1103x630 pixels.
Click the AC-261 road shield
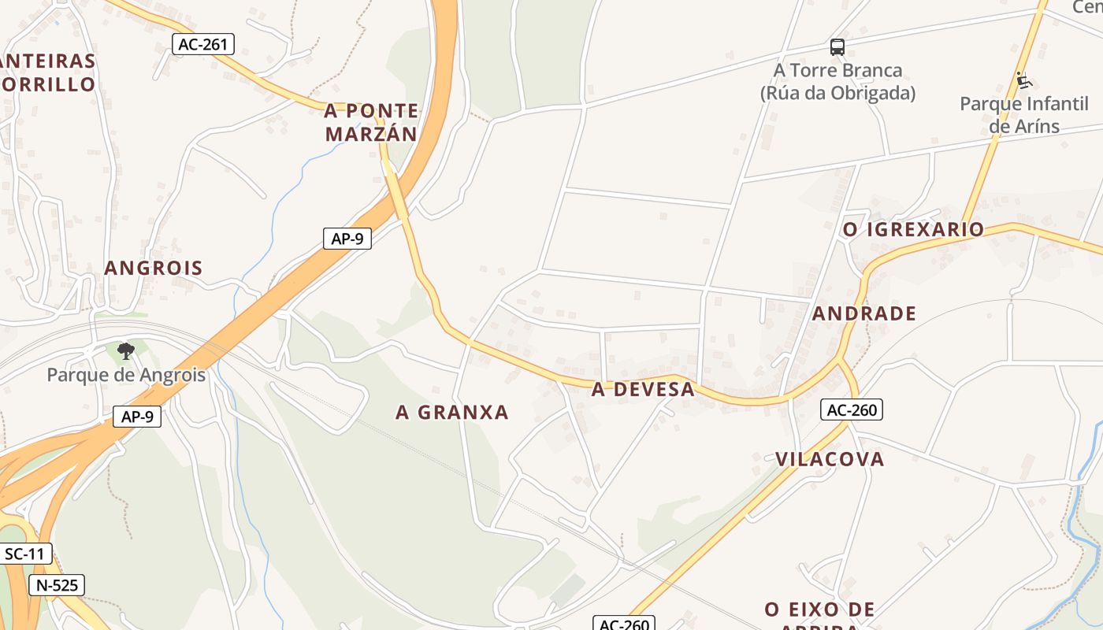[203, 44]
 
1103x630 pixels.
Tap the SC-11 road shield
[25, 554]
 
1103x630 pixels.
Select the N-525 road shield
[57, 585]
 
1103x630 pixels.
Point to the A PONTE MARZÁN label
[371, 122]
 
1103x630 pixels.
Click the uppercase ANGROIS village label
[154, 268]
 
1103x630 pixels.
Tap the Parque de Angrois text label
[126, 375]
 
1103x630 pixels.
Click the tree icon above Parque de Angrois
[125, 350]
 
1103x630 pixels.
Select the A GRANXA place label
[452, 412]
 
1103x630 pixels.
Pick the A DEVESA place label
[643, 389]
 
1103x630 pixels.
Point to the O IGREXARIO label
[913, 229]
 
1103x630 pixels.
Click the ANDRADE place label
[864, 313]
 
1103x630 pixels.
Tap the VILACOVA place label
[830, 459]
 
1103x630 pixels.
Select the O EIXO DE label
[819, 609]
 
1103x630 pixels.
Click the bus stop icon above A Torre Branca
[837, 47]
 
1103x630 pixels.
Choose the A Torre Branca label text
[837, 70]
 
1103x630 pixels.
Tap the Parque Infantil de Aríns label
[1024, 115]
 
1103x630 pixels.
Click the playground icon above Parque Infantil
[1023, 80]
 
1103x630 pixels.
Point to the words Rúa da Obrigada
[837, 93]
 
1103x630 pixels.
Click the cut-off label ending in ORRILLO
[48, 84]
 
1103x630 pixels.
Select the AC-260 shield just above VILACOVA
[851, 409]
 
